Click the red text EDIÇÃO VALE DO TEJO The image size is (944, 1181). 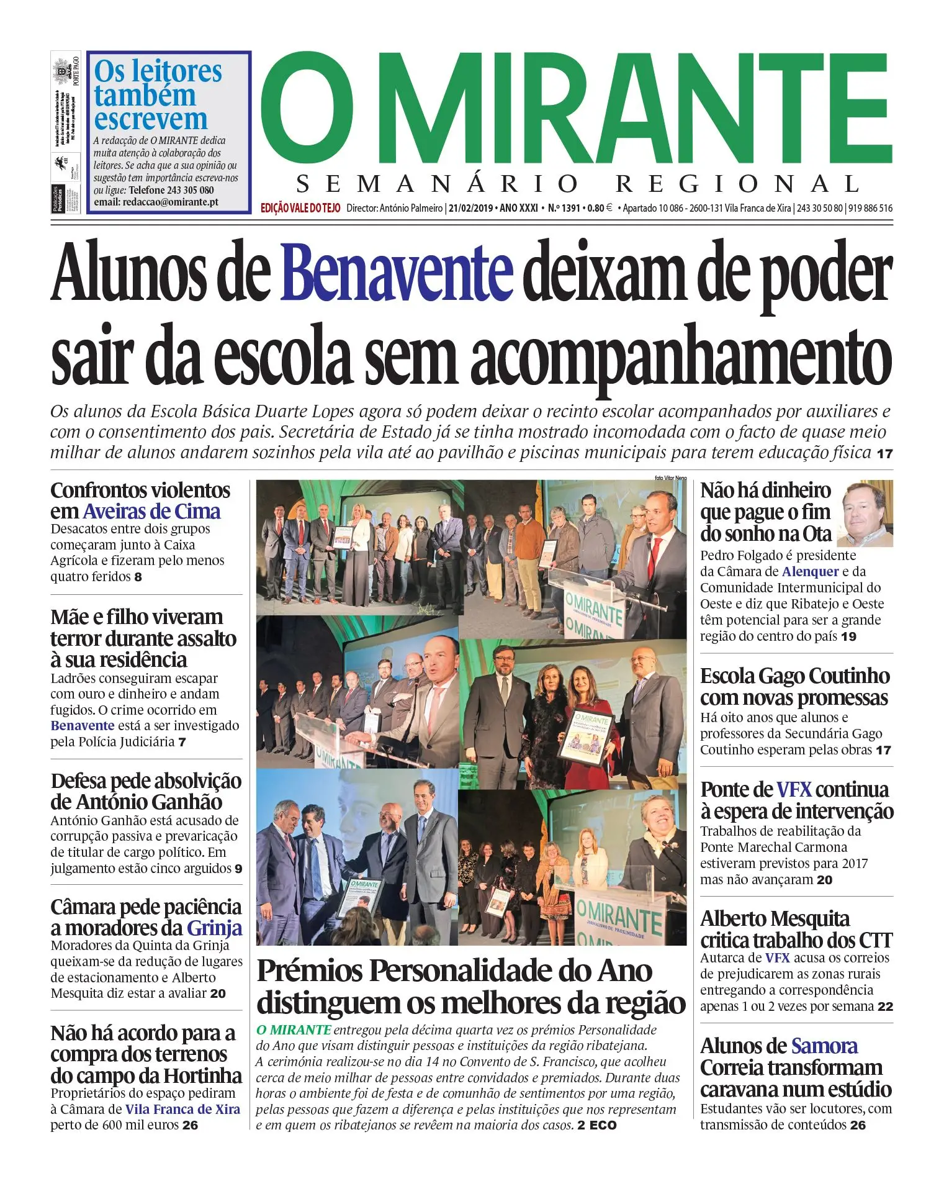click(x=300, y=208)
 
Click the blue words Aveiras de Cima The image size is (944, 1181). click(x=151, y=512)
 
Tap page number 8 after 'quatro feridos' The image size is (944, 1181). click(x=138, y=577)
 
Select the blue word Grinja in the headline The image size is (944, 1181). click(x=214, y=928)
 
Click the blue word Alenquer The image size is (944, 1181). click(x=810, y=572)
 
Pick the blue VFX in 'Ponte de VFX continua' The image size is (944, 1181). click(x=794, y=790)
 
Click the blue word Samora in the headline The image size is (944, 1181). click(x=824, y=1046)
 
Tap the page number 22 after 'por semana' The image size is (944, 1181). click(x=885, y=1007)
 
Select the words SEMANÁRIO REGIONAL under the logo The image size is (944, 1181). click(x=577, y=184)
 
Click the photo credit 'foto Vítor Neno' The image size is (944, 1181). click(x=670, y=477)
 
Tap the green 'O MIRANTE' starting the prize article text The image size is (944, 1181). click(x=294, y=1030)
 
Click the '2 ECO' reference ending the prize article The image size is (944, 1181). click(x=597, y=1125)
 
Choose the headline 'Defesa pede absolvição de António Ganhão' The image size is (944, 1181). click(x=146, y=791)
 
